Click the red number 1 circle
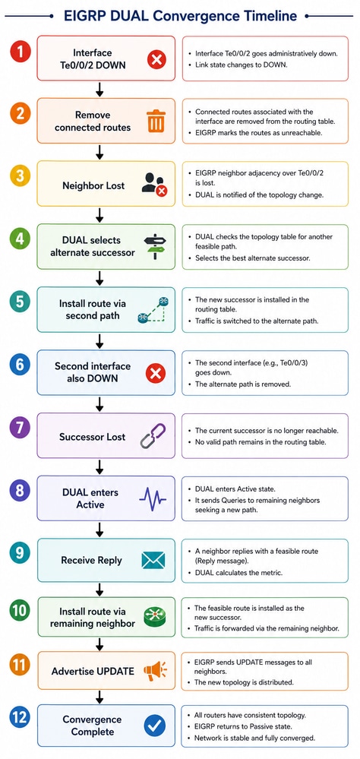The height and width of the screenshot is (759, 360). tap(20, 52)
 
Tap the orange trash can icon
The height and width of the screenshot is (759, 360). tap(156, 121)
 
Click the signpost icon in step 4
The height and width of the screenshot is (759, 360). tap(155, 245)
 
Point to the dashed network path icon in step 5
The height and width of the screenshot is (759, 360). tap(153, 310)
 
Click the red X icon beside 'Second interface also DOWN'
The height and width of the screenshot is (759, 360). tap(156, 373)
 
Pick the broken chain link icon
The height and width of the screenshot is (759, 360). tap(153, 435)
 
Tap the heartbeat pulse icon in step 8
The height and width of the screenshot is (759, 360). tap(153, 498)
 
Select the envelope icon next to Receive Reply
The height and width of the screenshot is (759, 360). tap(153, 561)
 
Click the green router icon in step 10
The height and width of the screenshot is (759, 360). tap(155, 617)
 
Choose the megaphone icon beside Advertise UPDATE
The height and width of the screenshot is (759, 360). tap(155, 671)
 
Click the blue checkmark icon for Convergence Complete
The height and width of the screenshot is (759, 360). tap(155, 726)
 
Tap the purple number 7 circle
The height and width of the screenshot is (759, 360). tap(20, 428)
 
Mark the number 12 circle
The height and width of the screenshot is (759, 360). tap(20, 718)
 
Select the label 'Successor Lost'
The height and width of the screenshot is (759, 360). tap(92, 437)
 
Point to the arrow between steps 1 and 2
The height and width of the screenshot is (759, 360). tap(100, 89)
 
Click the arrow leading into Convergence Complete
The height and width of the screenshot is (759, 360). tap(100, 697)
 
